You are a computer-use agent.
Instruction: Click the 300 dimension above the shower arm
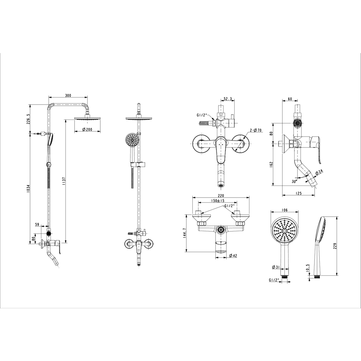click(68, 95)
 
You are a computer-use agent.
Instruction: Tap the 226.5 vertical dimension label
click(29, 119)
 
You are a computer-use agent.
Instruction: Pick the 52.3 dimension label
click(227, 99)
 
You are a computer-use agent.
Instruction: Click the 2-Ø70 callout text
click(256, 131)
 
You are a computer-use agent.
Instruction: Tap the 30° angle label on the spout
click(295, 181)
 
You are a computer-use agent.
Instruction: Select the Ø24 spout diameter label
click(319, 173)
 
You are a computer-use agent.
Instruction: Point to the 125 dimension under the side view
click(299, 193)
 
